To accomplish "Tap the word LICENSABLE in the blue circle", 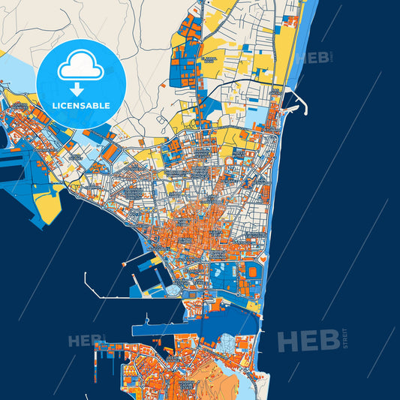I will pos(80,105).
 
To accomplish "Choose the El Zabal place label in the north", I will pos(211,59).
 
